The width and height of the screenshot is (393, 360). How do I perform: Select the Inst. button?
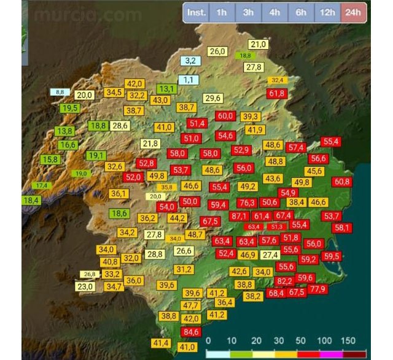196,12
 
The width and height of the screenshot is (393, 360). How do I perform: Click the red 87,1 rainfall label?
239,216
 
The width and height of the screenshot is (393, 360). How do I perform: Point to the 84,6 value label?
192,332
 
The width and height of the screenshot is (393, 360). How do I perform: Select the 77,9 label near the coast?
318,289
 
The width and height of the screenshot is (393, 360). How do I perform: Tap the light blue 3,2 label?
190,60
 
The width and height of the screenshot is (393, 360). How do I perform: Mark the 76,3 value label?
247,202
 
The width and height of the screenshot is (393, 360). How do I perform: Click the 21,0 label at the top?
259,44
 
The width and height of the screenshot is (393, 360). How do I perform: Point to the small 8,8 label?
60,92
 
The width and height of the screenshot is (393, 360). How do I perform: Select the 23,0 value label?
85,286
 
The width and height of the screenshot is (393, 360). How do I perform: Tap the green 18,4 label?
31,200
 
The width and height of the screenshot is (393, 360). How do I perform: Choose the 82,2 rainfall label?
284,281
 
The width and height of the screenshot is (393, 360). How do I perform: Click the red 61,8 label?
277,93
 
